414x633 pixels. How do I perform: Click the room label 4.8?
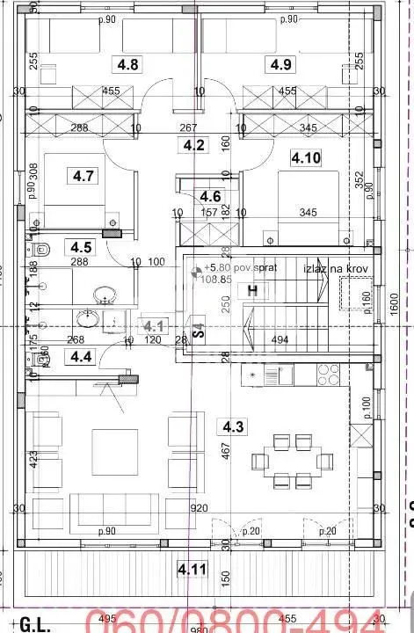(x=128, y=64)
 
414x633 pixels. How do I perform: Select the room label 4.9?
(x=281, y=64)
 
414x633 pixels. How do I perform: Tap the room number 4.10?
(x=307, y=158)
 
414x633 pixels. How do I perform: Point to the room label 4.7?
(x=84, y=177)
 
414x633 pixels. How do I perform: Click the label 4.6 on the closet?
(x=210, y=196)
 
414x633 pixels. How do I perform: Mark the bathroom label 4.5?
(x=81, y=248)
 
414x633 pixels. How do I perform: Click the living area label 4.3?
(x=233, y=428)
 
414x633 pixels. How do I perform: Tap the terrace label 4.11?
(x=193, y=569)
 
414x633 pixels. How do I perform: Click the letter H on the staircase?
(x=252, y=290)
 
